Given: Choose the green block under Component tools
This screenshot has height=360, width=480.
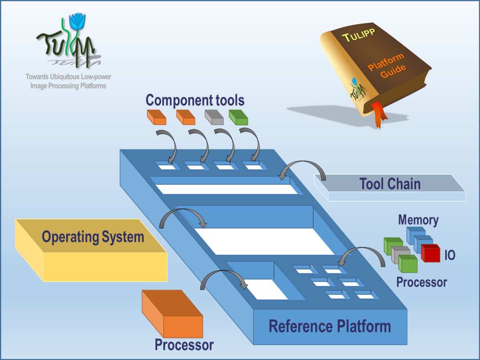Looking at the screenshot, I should click(x=238, y=117).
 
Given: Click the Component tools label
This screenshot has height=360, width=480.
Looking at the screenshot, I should click(x=195, y=100).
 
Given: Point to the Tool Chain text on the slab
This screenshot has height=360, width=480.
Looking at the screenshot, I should click(x=390, y=184).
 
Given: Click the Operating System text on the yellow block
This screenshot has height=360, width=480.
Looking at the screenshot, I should click(x=93, y=237).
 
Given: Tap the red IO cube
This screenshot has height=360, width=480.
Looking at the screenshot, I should click(x=430, y=253).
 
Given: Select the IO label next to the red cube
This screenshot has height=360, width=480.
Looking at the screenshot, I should click(x=450, y=255).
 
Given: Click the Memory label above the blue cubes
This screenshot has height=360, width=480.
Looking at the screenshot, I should click(x=418, y=220).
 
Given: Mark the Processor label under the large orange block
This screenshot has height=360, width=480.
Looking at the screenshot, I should click(x=184, y=345).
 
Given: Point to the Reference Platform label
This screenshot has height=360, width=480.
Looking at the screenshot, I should click(x=329, y=326).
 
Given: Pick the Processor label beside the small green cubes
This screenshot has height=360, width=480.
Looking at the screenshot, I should click(x=421, y=282).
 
